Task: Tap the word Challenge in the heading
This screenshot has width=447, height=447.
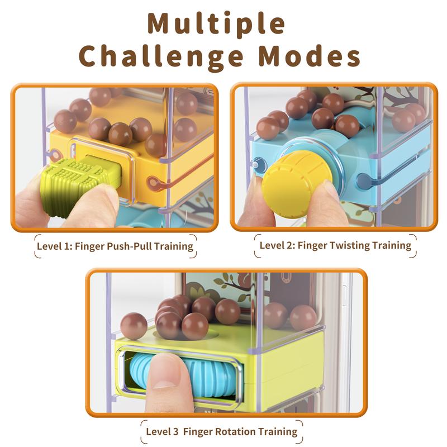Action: click(x=161, y=57)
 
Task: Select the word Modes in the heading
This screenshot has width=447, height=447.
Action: click(x=310, y=56)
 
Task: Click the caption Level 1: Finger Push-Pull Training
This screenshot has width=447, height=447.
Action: click(x=115, y=246)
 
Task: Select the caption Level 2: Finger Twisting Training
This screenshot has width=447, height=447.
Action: click(x=335, y=245)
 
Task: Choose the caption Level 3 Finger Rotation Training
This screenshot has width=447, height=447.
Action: click(x=221, y=431)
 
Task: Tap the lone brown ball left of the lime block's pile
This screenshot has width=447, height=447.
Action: click(x=134, y=326)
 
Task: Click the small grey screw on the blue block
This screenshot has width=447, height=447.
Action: click(x=256, y=164)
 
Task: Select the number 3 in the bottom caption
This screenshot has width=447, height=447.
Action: click(x=175, y=431)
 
